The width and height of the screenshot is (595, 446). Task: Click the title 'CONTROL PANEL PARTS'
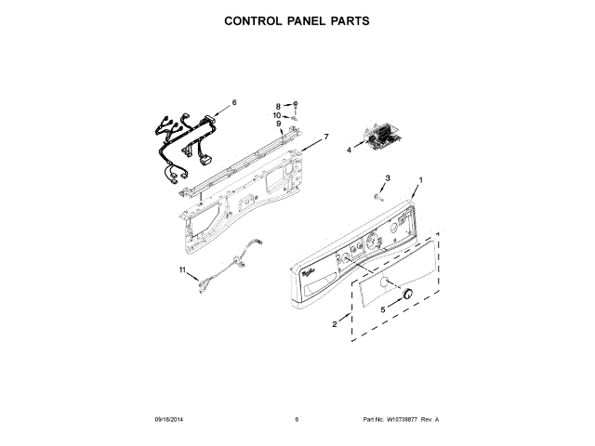click(x=297, y=20)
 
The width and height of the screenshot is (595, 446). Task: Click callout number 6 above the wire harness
click(x=234, y=102)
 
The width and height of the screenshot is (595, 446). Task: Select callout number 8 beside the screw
click(x=278, y=107)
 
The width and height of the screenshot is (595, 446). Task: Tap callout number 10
click(x=277, y=116)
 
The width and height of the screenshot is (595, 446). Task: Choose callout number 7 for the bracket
click(x=326, y=138)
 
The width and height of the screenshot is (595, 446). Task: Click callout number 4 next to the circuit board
click(x=350, y=148)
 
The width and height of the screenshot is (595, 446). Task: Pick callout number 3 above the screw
click(x=389, y=177)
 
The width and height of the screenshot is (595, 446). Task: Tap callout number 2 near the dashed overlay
click(x=335, y=324)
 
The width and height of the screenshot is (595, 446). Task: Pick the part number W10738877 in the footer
click(x=397, y=420)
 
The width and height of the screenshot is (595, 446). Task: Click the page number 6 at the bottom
click(x=297, y=420)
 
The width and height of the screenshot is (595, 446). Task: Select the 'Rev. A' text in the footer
click(x=430, y=420)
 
